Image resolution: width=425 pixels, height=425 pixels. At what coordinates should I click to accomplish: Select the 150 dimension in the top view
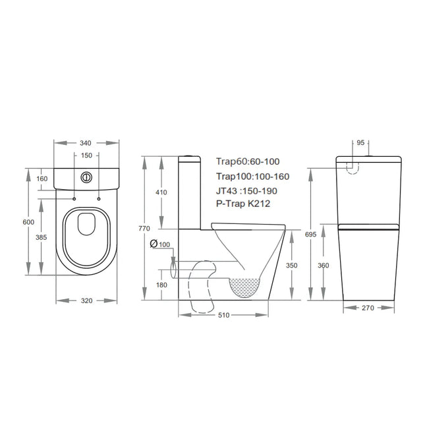coord(86,156)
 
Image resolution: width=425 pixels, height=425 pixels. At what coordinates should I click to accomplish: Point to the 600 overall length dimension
coord(28,222)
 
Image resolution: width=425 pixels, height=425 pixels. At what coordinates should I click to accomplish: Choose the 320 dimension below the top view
coord(85,300)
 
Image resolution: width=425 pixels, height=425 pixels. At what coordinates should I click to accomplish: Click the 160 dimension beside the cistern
coord(42,179)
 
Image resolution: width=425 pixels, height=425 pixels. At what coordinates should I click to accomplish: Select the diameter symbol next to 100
coord(154,244)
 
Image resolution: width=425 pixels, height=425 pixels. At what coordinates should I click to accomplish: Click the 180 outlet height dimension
coord(161,284)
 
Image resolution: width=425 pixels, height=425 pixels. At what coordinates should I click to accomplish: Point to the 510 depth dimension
coord(225,316)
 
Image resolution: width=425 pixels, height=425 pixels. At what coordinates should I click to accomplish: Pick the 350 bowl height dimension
coord(292,265)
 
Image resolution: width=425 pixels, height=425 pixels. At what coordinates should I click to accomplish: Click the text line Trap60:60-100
coord(247,161)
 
